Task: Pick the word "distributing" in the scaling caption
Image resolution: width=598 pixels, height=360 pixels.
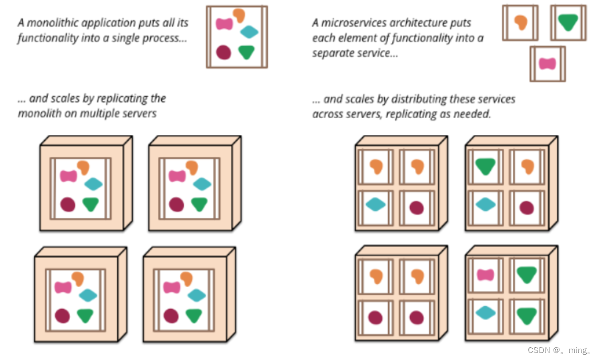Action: (x=418, y=99)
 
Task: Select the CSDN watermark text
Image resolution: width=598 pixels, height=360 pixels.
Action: (x=559, y=350)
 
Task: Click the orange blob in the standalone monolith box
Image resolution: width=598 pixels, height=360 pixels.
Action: (x=239, y=16)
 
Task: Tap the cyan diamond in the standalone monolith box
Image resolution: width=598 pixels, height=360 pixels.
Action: (x=249, y=32)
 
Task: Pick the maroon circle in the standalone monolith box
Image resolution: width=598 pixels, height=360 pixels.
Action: (x=223, y=52)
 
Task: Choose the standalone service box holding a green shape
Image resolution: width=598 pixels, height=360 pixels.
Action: (x=568, y=22)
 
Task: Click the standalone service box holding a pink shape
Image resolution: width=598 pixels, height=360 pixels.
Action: (x=547, y=64)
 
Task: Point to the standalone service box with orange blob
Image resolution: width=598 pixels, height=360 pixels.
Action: (x=520, y=22)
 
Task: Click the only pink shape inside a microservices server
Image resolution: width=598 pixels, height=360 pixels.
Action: (x=485, y=275)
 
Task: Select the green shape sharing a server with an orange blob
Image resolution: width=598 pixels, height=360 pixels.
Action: (x=485, y=166)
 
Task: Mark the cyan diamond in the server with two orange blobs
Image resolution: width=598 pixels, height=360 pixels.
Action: (x=375, y=204)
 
